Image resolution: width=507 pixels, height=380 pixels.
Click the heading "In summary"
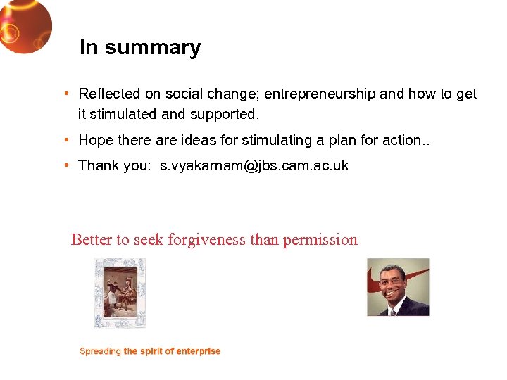pos(140,47)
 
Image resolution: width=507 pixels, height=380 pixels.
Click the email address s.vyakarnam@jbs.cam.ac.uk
pos(254,166)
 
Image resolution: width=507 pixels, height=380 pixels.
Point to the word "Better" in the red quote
pos(92,240)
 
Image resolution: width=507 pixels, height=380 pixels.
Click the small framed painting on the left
pos(120,292)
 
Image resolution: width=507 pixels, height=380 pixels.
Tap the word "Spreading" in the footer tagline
pos(100,351)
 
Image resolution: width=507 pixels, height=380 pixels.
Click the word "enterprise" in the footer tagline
pos(199,351)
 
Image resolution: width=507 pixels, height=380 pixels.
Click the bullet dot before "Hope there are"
pos(65,140)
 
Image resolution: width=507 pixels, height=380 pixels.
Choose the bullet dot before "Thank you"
pos(65,165)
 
